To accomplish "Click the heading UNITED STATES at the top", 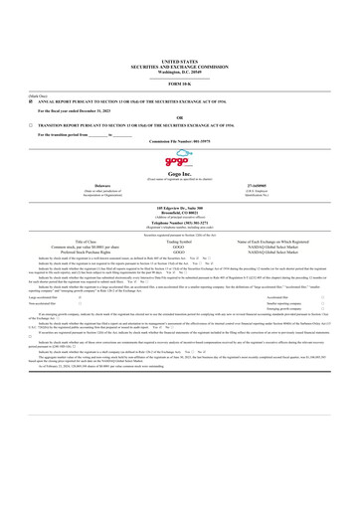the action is point(179,62).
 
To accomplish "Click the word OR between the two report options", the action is point(179,118).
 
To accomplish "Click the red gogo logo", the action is point(179,166).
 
